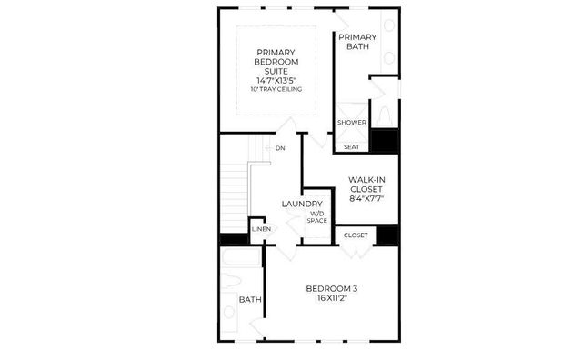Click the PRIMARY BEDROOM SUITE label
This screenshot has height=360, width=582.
(x=276, y=62)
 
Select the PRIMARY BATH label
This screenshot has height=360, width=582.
(x=357, y=44)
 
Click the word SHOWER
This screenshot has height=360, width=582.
(x=352, y=122)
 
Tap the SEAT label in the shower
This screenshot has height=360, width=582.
(x=351, y=145)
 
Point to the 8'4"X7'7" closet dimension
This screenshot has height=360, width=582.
(x=371, y=200)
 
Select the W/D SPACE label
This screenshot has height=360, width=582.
(x=316, y=217)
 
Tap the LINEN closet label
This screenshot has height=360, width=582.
(x=261, y=230)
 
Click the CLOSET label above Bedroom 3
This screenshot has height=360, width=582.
(x=356, y=235)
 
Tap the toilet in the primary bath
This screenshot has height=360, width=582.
(x=386, y=115)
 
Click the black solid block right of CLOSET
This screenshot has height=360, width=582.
(x=388, y=234)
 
